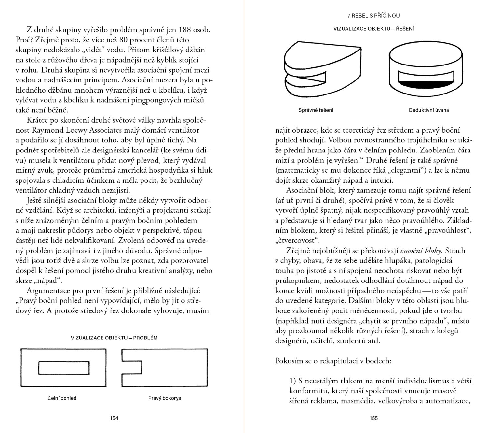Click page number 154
click(114, 418)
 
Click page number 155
click(373, 418)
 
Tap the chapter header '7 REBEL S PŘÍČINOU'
click(373, 15)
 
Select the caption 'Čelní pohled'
click(62, 398)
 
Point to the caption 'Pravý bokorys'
click(165, 398)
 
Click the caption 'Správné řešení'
click(316, 110)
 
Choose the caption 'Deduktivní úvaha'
click(429, 110)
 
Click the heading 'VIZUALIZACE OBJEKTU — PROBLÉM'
click(114, 338)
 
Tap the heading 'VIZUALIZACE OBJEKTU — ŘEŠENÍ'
click(373, 29)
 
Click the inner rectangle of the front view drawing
click(64, 368)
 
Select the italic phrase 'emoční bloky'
click(422, 251)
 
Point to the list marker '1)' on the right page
click(293, 381)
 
